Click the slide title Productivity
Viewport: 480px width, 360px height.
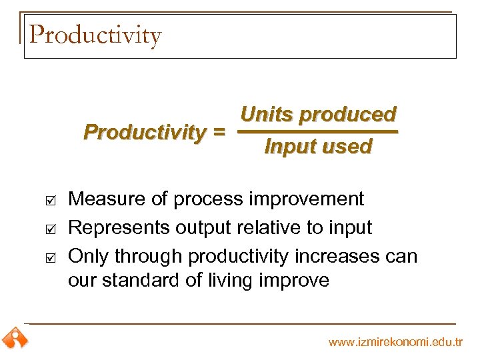(95, 35)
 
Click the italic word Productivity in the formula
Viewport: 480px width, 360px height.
(144, 133)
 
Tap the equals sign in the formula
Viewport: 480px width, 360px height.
(218, 133)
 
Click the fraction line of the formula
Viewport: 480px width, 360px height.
(318, 132)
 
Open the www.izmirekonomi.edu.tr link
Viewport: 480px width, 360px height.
(395, 343)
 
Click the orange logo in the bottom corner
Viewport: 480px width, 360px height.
(14, 338)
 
